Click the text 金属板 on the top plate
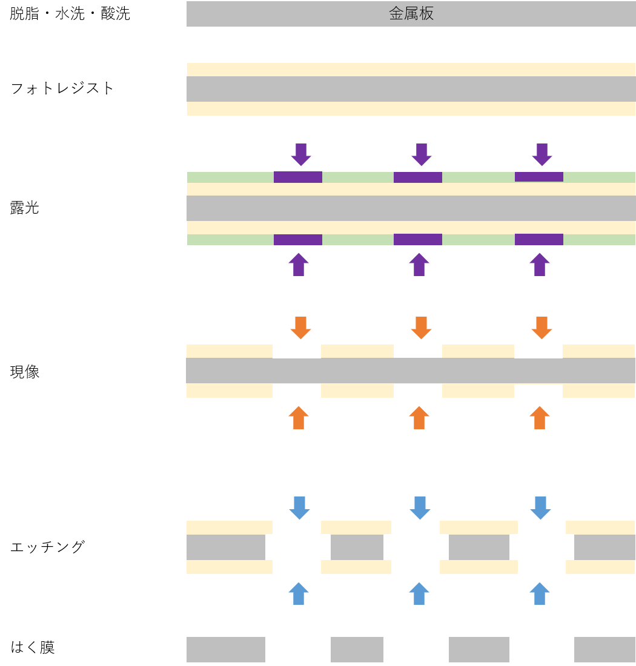[411, 14]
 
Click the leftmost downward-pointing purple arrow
[301, 154]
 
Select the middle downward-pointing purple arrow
[422, 154]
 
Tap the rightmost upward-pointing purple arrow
[539, 265]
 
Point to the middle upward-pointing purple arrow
[419, 265]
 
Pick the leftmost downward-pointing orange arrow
[301, 328]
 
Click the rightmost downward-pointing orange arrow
[542, 328]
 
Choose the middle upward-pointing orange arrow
[419, 417]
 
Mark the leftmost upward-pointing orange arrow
[298, 417]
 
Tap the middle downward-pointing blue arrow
[419, 507]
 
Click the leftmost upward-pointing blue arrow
[298, 593]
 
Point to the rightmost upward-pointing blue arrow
[539, 593]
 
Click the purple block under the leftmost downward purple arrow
[298, 177]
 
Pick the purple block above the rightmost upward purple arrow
[539, 239]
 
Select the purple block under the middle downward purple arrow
[418, 177]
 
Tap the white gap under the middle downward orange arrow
[418, 350]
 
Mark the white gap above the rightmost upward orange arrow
[538, 392]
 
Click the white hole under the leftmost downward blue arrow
[297, 547]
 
